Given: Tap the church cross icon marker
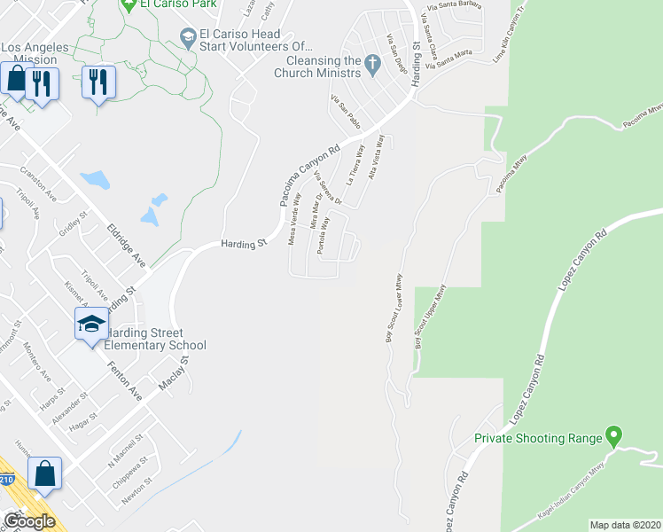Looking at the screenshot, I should tap(372, 64).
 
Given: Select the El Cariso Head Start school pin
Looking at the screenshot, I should tap(187, 37).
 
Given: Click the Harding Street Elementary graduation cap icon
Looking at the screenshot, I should tap(90, 325).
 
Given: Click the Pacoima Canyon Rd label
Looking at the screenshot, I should tap(309, 176).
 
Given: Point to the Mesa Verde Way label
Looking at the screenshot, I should tap(295, 219).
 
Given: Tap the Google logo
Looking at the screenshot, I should tap(28, 521).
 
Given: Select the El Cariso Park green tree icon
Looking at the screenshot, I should tap(129, 4).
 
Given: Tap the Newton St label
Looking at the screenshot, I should tap(131, 496).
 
